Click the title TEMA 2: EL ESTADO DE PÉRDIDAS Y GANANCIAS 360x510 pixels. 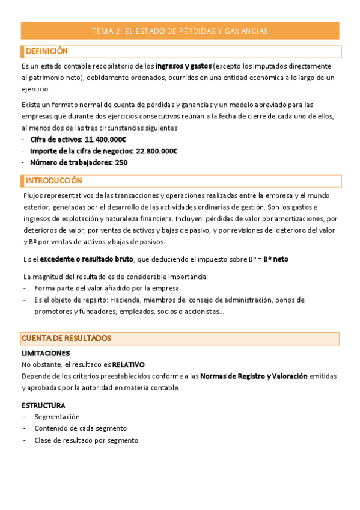[x=180, y=31]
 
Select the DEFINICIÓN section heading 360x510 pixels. [x=47, y=51]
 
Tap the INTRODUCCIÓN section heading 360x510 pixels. [x=54, y=180]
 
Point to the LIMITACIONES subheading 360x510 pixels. [x=46, y=353]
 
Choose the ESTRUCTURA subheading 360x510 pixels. [x=43, y=405]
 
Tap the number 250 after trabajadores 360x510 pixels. [x=120, y=162]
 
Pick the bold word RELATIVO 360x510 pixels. [x=128, y=364]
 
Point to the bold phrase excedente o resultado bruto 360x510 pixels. [x=86, y=259]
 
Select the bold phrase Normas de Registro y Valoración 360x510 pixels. [x=254, y=376]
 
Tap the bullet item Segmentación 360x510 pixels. [x=57, y=417]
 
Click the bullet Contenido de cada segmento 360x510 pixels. [x=81, y=428]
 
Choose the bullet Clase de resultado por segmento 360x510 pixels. [x=86, y=440]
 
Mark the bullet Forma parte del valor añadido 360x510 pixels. [x=98, y=288]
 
